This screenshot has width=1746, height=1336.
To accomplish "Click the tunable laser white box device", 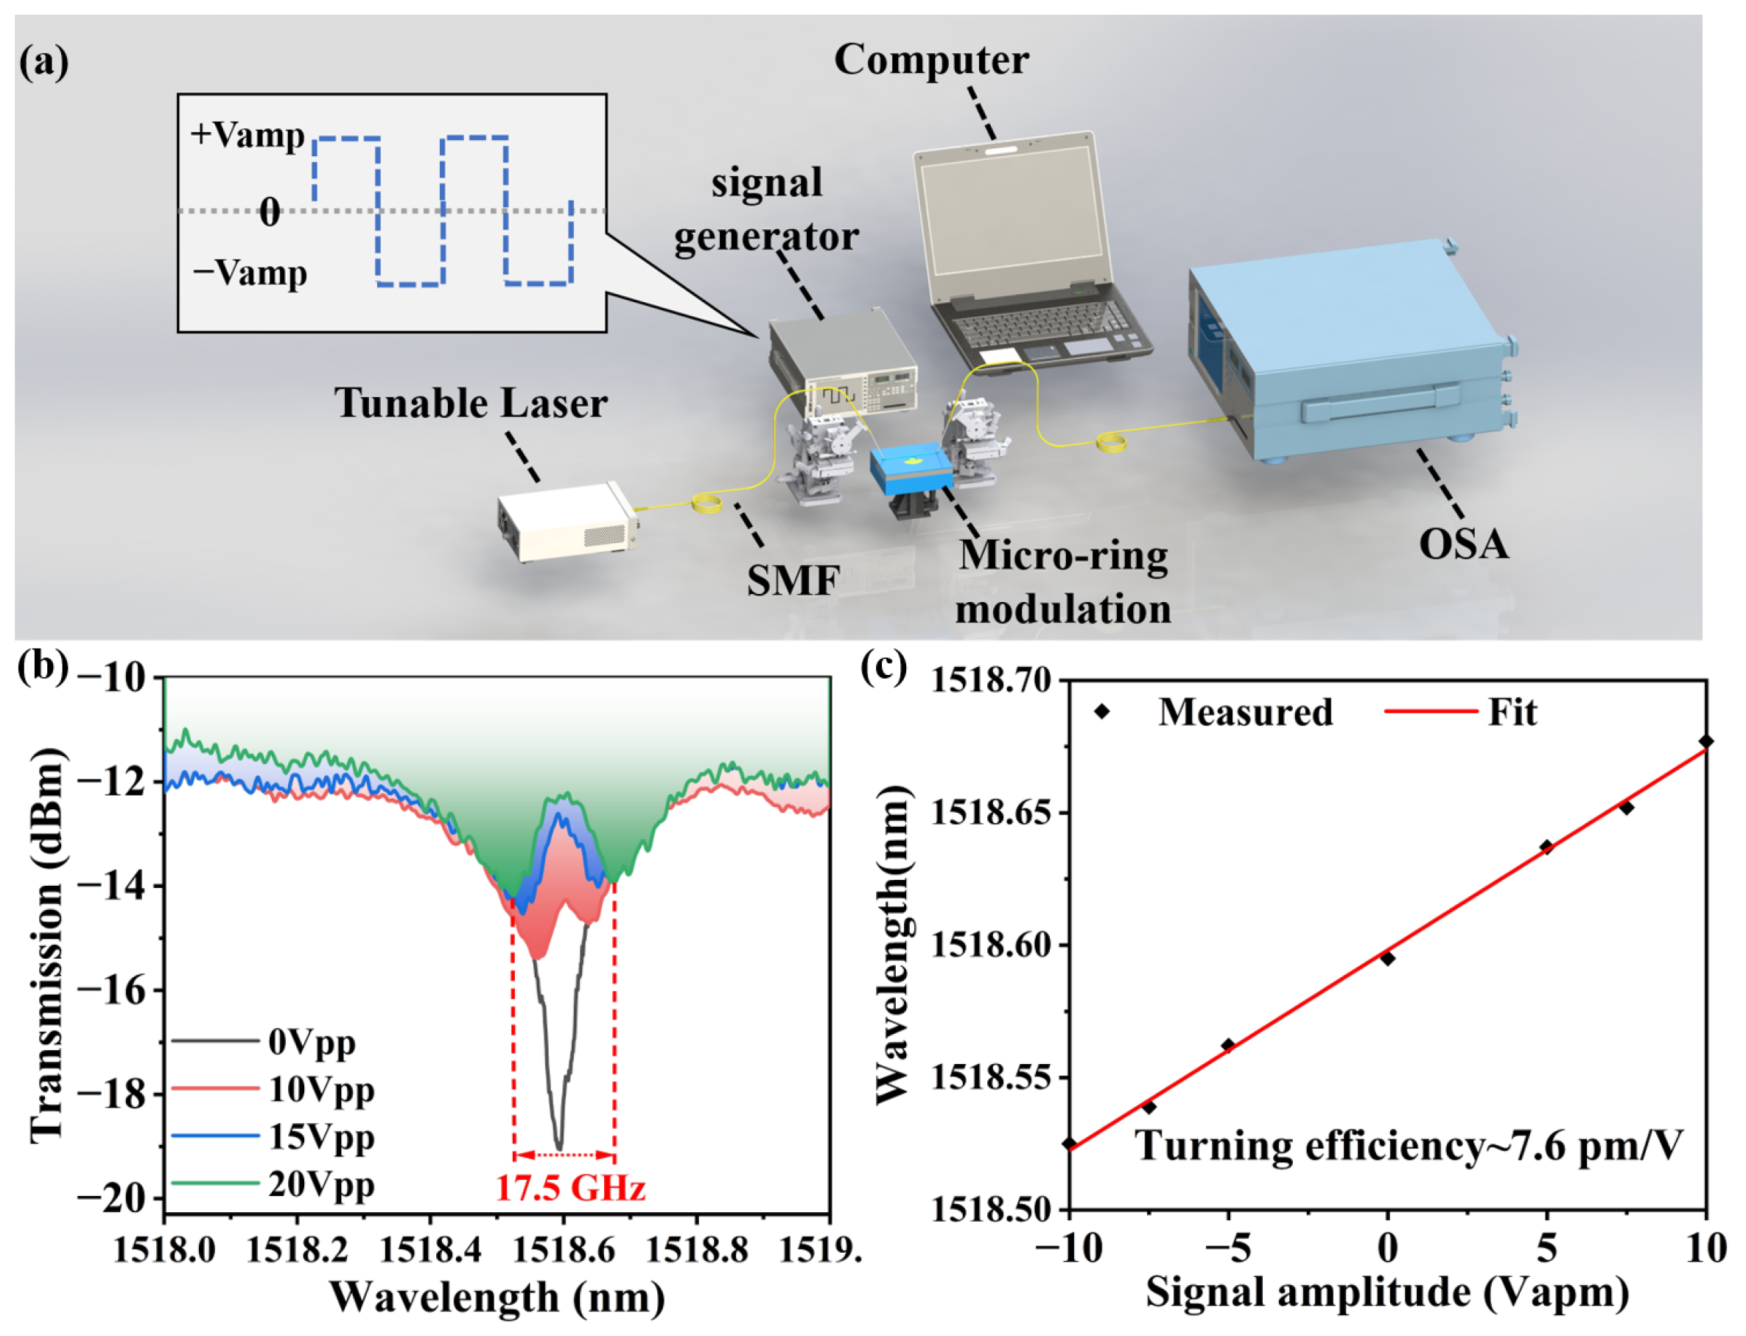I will [x=566, y=521].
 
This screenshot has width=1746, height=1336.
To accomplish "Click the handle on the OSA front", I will [x=1382, y=402].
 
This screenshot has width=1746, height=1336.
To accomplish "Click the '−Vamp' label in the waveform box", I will [x=250, y=273].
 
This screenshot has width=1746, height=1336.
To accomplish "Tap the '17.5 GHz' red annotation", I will [x=570, y=1188].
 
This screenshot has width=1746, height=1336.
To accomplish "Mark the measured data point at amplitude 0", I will [x=1387, y=958].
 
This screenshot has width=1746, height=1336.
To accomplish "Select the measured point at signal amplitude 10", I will [x=1705, y=741].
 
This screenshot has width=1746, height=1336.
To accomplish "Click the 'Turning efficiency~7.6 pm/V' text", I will [x=1408, y=1146].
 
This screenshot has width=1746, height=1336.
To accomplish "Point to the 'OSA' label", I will [x=1464, y=544].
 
